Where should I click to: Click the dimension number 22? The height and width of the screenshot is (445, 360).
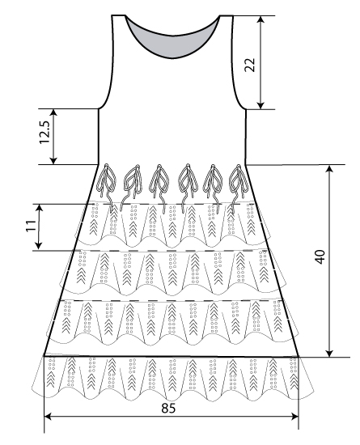(x=250, y=65)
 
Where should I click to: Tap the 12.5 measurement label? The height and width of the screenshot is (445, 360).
(x=44, y=132)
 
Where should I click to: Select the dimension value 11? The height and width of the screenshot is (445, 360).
(x=32, y=226)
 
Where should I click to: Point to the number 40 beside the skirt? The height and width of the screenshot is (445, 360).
(x=320, y=256)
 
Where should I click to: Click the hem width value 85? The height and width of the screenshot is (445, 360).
(x=168, y=409)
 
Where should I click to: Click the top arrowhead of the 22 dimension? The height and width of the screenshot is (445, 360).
(x=261, y=19)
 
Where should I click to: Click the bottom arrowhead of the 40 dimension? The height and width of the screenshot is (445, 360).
(x=329, y=353)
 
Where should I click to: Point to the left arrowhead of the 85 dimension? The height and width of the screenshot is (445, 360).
(x=49, y=417)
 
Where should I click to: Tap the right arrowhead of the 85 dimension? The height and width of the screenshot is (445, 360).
(x=294, y=417)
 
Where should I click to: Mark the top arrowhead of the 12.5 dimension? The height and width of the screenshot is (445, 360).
(x=53, y=113)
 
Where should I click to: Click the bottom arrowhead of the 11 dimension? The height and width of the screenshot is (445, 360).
(x=39, y=246)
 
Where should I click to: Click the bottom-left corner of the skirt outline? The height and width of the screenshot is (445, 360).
(x=44, y=356)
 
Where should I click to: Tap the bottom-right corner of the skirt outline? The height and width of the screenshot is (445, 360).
(x=299, y=357)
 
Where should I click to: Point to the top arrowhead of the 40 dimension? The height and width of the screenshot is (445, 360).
(x=329, y=169)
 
